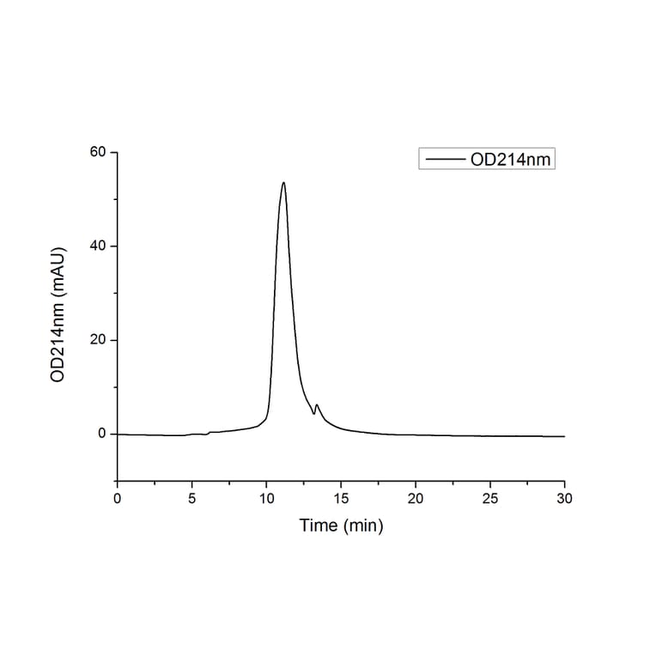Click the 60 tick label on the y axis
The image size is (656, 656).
(99, 153)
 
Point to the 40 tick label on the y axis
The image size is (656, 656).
(99, 246)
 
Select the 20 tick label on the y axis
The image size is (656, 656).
(99, 340)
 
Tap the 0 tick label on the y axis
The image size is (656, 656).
(102, 434)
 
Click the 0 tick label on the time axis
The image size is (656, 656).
(118, 498)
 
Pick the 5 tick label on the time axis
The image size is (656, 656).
(192, 498)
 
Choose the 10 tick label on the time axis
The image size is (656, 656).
(266, 498)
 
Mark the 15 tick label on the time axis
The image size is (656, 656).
(341, 498)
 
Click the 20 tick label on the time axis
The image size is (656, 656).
(416, 498)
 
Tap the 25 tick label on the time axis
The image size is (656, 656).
(490, 498)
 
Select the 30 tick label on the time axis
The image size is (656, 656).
(564, 498)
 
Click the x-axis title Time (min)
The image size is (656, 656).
(341, 525)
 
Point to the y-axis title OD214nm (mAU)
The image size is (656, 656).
(58, 316)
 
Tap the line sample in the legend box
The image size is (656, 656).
(445, 159)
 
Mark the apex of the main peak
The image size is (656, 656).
(283, 182)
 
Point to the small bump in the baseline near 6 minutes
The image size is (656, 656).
(210, 432)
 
